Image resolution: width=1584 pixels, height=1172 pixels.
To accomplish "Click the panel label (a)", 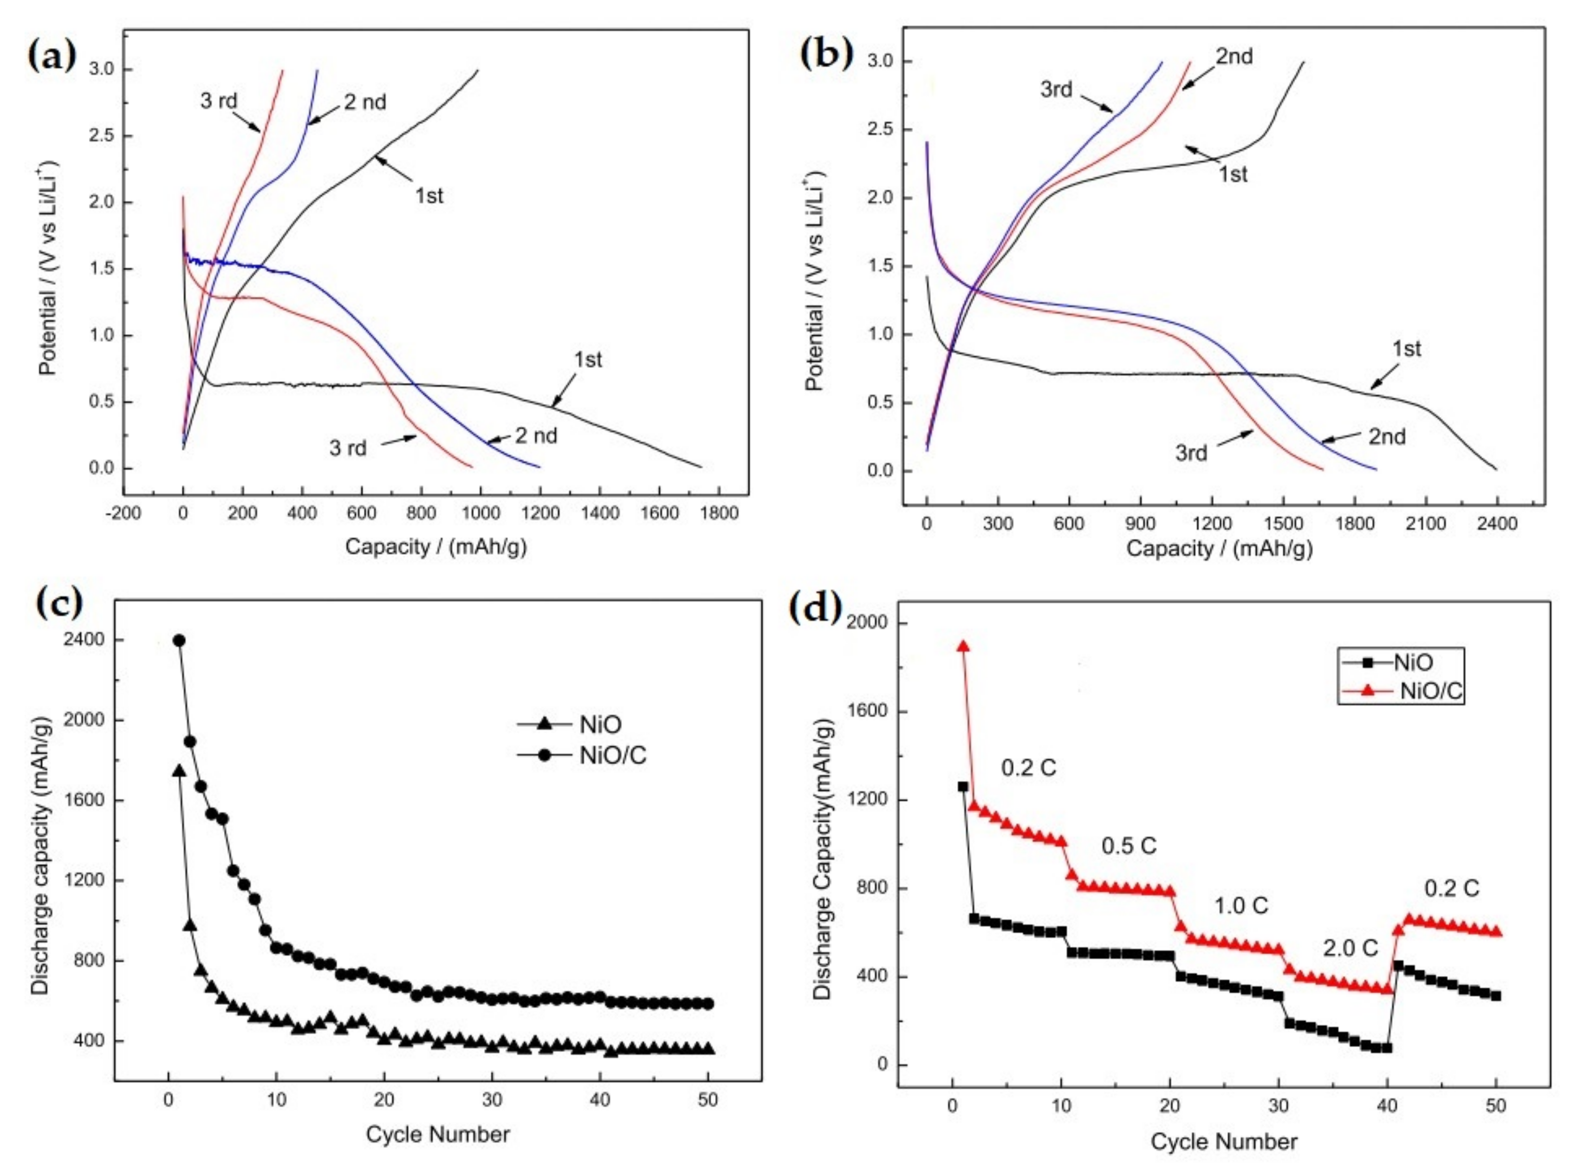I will (x=51, y=55).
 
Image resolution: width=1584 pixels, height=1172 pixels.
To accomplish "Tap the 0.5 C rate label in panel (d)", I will (x=1128, y=846).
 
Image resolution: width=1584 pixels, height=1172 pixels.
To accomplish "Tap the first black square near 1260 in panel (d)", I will (x=963, y=787).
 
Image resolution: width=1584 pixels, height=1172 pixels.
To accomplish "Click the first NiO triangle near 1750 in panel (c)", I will (x=179, y=771).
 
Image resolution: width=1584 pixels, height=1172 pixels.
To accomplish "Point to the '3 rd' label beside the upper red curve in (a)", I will (x=219, y=101).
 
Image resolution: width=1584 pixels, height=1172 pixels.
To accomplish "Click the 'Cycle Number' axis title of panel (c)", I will (x=437, y=1135).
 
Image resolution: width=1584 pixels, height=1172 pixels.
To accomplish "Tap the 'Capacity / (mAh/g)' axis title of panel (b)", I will (x=1219, y=549).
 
